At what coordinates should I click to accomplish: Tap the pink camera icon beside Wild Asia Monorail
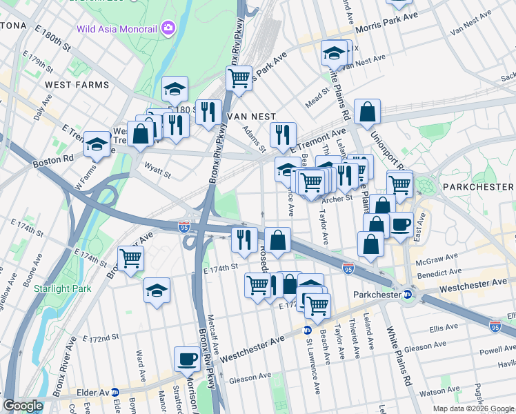click(x=168, y=28)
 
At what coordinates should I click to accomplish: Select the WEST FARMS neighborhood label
click(x=77, y=85)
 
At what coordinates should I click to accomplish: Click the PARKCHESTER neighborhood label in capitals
click(x=478, y=187)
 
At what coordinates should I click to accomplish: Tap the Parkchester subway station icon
click(x=407, y=295)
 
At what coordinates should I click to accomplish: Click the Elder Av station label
click(x=96, y=393)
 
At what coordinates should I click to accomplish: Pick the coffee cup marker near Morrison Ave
click(x=187, y=359)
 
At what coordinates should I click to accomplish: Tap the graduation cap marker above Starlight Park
click(x=157, y=290)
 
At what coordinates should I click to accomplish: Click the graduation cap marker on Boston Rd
click(x=97, y=144)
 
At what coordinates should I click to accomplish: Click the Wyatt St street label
click(x=157, y=170)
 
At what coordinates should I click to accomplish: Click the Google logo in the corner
click(x=23, y=406)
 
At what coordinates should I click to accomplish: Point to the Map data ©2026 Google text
click(x=473, y=408)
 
